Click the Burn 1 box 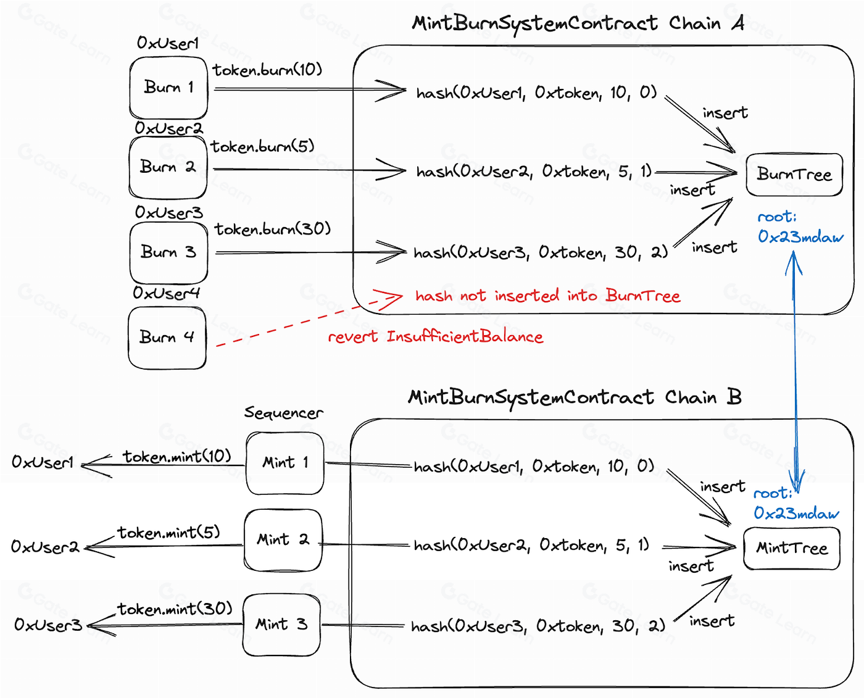[x=168, y=88]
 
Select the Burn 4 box [x=167, y=338]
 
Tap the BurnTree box [x=794, y=175]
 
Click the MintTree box [x=792, y=548]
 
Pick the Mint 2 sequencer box [x=283, y=540]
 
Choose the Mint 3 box [x=281, y=625]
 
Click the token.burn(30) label [x=272, y=230]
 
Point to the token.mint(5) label [x=168, y=533]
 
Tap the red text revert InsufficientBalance [x=435, y=337]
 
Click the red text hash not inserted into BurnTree [x=547, y=296]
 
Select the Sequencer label [x=283, y=413]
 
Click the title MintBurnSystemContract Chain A [x=578, y=24]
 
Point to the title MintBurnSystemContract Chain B [x=575, y=397]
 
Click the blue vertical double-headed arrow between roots [x=795, y=370]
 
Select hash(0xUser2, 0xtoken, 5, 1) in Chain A [x=534, y=172]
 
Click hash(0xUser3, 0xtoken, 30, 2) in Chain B [x=538, y=626]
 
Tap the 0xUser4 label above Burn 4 [x=167, y=293]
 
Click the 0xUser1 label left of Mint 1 [x=43, y=462]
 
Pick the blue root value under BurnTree [x=800, y=237]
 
